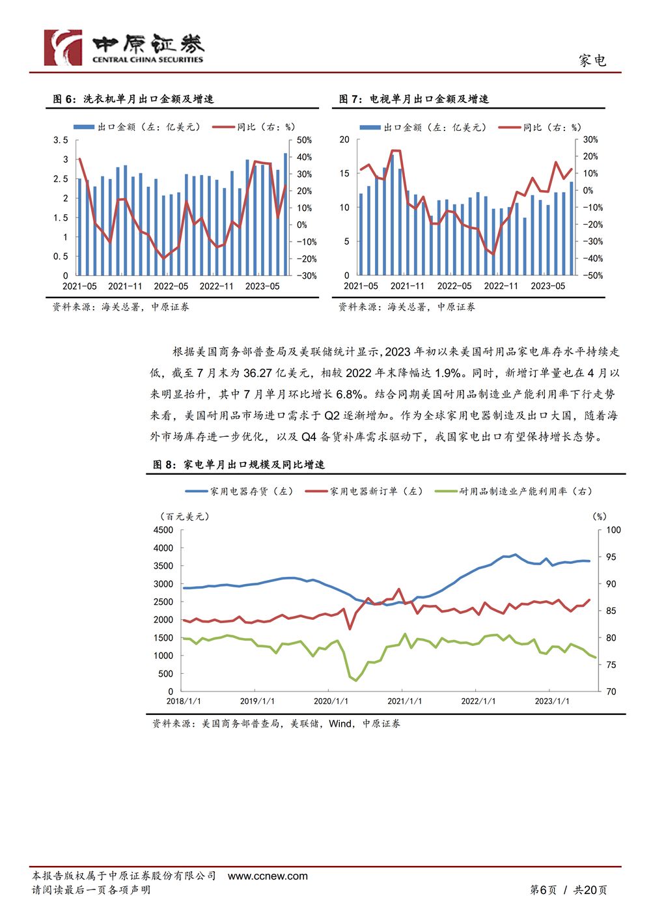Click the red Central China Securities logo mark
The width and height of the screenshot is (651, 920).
point(63,48)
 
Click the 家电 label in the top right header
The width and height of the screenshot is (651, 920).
point(592,61)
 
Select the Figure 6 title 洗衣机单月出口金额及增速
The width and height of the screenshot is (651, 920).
point(148,99)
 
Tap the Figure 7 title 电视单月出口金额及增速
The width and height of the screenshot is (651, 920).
point(429,99)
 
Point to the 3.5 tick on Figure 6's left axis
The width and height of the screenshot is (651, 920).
point(61,140)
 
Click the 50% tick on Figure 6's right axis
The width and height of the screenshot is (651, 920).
point(305,140)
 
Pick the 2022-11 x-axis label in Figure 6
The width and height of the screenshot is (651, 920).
point(216,286)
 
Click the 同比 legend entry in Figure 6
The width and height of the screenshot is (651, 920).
point(253,127)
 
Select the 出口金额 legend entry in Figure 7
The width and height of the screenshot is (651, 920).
point(423,128)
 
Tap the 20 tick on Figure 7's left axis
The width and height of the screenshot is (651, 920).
point(344,139)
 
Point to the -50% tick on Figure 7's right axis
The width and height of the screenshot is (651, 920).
point(592,275)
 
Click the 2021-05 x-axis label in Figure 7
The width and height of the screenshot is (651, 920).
point(361,286)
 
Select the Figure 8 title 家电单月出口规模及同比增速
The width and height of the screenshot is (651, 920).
point(254,464)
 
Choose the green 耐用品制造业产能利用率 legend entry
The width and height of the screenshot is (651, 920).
point(514,491)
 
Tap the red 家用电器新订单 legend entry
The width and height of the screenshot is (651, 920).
point(364,491)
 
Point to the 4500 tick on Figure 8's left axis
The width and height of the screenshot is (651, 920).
point(163,530)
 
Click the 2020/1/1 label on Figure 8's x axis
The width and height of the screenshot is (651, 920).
point(331,701)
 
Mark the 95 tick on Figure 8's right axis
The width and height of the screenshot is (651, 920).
point(611,557)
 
